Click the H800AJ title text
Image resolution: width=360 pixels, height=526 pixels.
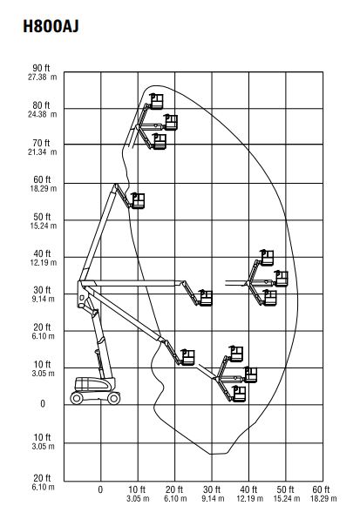click(x=51, y=26)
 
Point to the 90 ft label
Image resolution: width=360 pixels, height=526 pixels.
click(x=41, y=68)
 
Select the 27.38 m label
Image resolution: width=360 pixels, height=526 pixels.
click(x=43, y=78)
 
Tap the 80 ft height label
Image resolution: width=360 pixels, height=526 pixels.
click(x=41, y=105)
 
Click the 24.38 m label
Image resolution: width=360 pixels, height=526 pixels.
click(x=43, y=114)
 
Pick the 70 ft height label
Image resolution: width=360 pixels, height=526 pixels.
click(x=41, y=143)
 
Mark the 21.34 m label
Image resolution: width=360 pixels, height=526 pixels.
click(x=43, y=152)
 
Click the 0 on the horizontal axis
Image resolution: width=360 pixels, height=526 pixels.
click(x=100, y=489)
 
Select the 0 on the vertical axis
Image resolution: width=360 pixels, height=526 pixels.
click(x=43, y=403)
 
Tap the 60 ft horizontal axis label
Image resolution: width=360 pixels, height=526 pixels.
click(x=321, y=489)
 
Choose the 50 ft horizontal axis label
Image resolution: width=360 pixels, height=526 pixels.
click(x=285, y=489)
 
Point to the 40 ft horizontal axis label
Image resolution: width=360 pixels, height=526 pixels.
click(x=248, y=489)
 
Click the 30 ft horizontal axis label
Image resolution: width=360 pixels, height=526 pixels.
click(x=212, y=489)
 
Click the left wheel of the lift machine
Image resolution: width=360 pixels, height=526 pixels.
click(x=77, y=398)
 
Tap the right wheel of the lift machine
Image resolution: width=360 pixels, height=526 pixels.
click(x=114, y=398)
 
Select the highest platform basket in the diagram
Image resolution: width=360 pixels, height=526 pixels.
click(x=156, y=101)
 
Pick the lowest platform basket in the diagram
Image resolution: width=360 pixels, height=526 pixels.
click(x=239, y=394)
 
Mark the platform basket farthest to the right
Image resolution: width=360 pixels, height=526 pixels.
click(x=281, y=279)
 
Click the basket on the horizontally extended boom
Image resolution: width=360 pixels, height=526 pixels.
click(x=206, y=298)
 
